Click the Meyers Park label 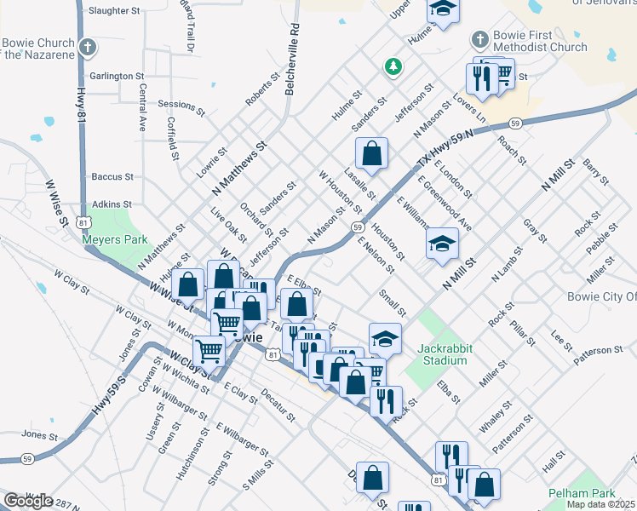[115, 239]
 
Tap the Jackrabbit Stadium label [443, 354]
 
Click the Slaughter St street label [113, 11]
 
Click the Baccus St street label [113, 176]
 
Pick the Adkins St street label [112, 204]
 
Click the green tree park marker [393, 66]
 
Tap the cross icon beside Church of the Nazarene [88, 48]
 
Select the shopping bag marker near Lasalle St [372, 155]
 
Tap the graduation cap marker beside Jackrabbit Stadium [385, 338]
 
